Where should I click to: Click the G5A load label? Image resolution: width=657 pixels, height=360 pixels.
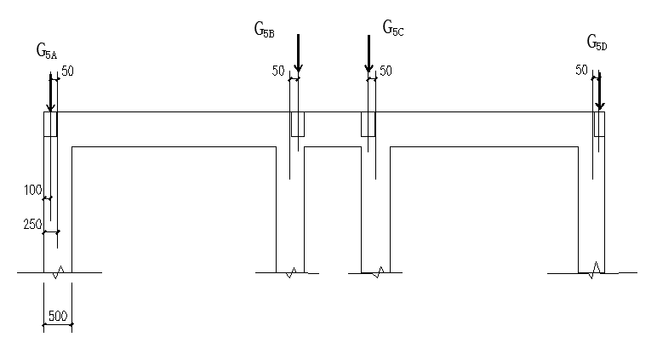(47, 52)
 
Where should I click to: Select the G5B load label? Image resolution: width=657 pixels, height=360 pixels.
(264, 31)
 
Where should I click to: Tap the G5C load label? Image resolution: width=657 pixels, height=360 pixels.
(392, 30)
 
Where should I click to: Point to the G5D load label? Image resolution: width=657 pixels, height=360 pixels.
(597, 43)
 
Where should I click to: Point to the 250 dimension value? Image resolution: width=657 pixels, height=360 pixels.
(32, 224)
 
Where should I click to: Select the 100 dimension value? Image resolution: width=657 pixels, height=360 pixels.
(32, 190)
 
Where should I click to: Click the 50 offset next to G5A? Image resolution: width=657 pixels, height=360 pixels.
(68, 71)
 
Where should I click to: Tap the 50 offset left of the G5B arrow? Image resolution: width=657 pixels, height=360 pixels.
(277, 71)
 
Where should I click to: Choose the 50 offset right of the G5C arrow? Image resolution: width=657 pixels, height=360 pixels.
(386, 71)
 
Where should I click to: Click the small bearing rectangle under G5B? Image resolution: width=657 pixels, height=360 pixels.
(298, 123)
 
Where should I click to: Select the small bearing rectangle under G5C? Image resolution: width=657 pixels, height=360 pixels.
(368, 123)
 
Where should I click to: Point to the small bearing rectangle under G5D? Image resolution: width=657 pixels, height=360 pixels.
(599, 123)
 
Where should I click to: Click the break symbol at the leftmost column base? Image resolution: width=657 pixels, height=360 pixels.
(58, 272)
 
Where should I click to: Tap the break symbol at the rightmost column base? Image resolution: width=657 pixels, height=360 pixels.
(596, 270)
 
